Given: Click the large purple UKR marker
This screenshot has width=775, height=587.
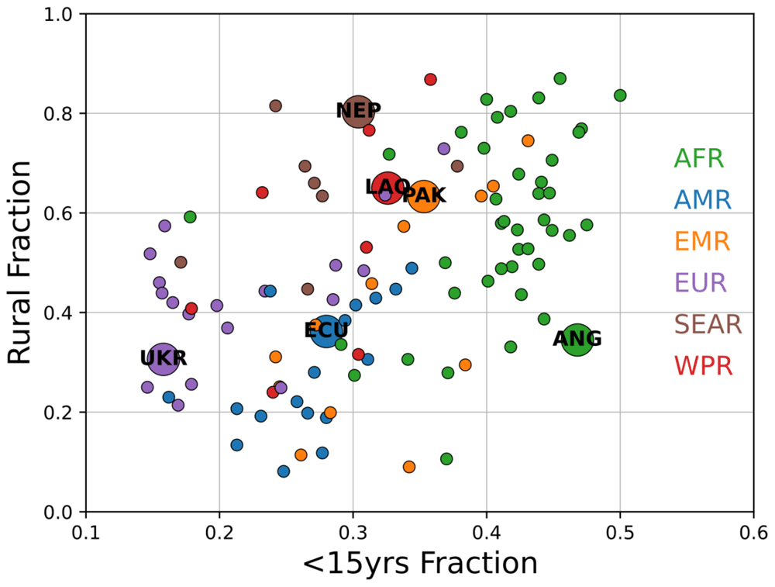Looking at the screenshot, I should [163, 360].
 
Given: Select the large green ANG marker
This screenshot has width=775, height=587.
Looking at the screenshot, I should [577, 339].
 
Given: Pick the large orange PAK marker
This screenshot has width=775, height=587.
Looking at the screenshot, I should [424, 195].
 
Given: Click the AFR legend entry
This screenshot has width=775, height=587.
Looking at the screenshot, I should [698, 159].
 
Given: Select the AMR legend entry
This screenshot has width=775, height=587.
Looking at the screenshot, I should [702, 200].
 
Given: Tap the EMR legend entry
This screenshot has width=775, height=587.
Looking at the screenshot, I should [701, 241].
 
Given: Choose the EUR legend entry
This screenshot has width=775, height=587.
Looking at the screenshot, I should [701, 282].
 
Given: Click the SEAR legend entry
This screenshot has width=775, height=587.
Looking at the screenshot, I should [708, 324].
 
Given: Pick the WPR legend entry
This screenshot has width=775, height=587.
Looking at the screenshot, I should [703, 365].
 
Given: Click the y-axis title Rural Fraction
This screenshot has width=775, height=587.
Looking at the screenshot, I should [21, 262].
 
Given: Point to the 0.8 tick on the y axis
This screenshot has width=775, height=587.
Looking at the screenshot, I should [61, 114].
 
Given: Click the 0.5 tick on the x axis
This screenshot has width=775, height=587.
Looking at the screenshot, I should [619, 532].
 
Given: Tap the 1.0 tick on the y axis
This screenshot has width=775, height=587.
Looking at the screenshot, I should [61, 15].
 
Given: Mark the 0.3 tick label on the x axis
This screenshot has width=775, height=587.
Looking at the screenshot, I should [353, 532].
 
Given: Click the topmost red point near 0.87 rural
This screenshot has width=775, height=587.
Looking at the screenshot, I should [431, 79].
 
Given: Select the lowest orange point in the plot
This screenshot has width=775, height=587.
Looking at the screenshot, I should [409, 467].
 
